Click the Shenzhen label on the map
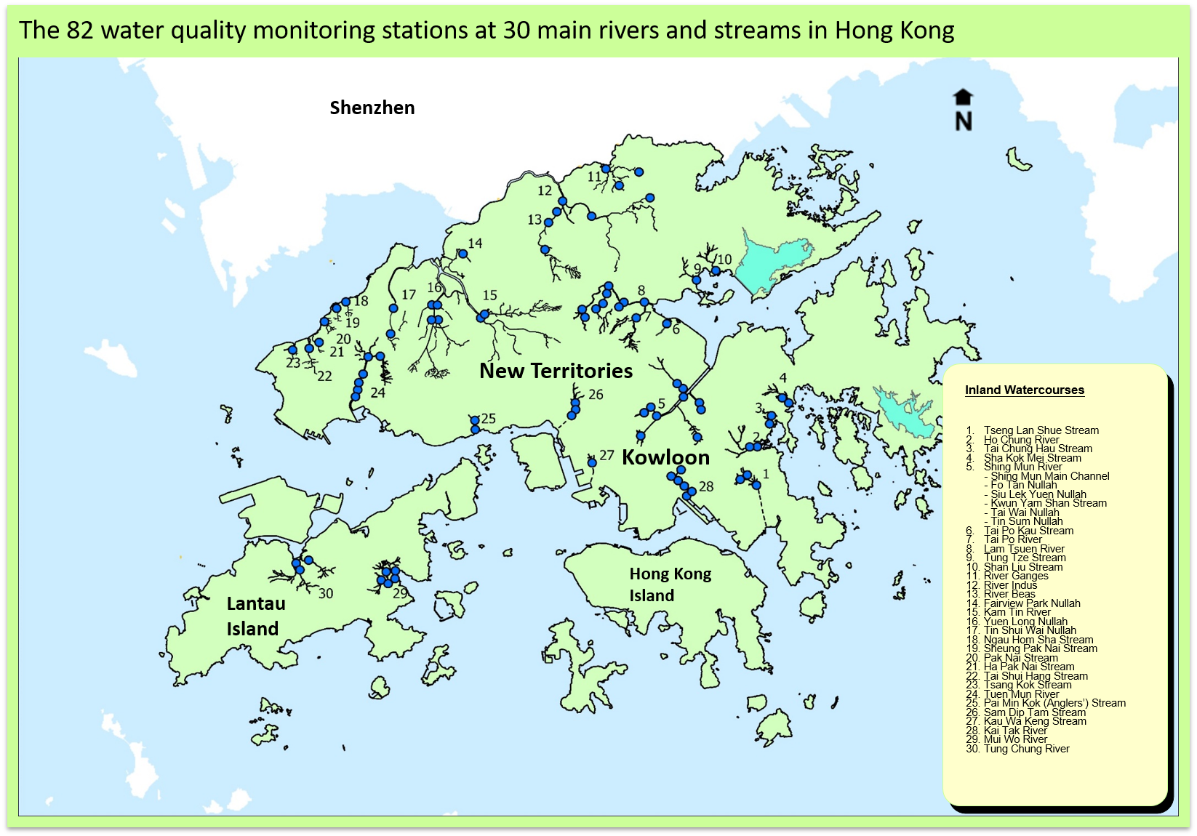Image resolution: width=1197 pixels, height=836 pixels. (x=372, y=108)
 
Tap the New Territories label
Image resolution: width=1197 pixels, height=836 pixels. (x=556, y=371)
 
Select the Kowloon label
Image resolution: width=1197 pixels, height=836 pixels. (x=665, y=457)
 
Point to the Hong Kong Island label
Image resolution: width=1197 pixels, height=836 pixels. (x=670, y=584)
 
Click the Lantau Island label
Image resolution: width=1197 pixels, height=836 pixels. (x=255, y=616)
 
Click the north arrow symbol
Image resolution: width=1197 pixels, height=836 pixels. (x=963, y=110)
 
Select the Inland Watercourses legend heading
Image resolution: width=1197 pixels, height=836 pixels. (x=1024, y=390)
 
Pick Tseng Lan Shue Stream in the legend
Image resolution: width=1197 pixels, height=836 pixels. (x=1041, y=430)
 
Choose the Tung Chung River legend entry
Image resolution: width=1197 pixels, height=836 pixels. (x=1026, y=749)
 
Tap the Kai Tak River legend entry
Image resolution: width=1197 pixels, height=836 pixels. (x=1015, y=731)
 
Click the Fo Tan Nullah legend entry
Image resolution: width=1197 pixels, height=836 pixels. (x=1023, y=485)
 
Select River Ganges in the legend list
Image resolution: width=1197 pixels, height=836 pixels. (x=1016, y=576)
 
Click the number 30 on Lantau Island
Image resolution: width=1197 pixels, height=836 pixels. (x=326, y=594)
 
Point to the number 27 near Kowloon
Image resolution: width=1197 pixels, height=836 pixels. (x=606, y=456)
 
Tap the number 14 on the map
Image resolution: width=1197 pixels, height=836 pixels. (x=475, y=244)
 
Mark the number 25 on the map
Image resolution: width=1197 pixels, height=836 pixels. (x=488, y=419)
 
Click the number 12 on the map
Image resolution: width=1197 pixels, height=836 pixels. (x=545, y=191)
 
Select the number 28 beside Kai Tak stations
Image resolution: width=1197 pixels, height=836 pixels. (x=706, y=486)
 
